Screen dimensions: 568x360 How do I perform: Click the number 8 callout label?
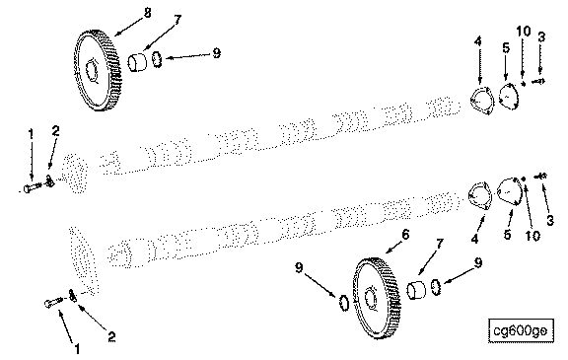pos(147,13)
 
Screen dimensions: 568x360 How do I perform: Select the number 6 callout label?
pos(405,235)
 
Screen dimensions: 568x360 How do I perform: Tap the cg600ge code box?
pos(521,330)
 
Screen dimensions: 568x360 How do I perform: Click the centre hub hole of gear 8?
pos(91,70)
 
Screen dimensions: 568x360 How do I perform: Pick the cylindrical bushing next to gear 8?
pos(137,62)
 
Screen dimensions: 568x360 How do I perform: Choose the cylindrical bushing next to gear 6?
pos(416,290)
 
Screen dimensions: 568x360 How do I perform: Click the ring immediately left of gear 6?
pos(343,303)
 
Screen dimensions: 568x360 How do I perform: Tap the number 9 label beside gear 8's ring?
pos(216,53)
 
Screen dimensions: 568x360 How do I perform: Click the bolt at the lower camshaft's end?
pos(54,302)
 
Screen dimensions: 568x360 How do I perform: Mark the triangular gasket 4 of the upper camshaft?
pos(481,100)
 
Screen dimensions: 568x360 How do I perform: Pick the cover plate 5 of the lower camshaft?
pos(509,192)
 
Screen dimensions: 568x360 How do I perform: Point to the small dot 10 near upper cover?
pos(523,84)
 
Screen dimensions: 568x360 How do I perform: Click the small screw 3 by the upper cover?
pos(538,82)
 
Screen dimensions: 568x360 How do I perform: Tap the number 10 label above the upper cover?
pos(523,32)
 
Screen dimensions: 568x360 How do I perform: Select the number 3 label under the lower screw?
pos(550,220)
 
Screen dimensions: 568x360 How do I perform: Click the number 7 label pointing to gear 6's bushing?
pos(440,244)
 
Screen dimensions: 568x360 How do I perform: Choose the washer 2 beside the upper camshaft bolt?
pos(50,180)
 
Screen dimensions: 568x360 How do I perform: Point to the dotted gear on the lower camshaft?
pos(84,260)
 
